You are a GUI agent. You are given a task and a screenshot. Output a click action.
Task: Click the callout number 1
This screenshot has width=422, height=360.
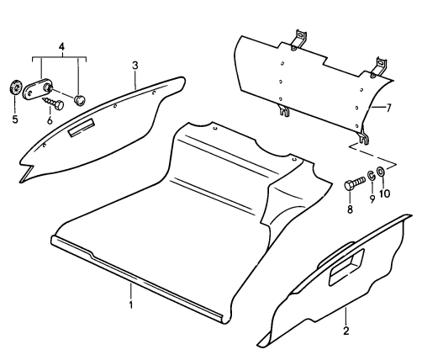[131, 304]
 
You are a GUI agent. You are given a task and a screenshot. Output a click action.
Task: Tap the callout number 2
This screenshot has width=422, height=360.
[346, 331]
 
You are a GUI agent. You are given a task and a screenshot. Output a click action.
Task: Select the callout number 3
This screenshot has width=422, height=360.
[135, 66]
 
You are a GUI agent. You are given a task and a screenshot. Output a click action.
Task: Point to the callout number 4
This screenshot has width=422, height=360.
[61, 47]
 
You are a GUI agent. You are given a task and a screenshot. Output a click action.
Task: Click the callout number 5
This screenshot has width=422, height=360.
[15, 119]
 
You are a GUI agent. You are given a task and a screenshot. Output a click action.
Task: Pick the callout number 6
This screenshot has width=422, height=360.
[50, 120]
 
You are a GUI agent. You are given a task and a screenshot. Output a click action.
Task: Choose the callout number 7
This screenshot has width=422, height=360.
[388, 108]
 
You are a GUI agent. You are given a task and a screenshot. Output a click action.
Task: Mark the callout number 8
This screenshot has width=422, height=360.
[350, 209]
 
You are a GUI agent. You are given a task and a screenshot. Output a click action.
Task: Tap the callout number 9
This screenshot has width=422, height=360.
[372, 199]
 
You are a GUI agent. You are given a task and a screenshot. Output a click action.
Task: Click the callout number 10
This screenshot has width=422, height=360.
[384, 193]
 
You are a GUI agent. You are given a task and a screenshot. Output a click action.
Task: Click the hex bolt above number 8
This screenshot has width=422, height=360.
[354, 183]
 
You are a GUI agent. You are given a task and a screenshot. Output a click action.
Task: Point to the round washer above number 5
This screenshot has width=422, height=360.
[16, 87]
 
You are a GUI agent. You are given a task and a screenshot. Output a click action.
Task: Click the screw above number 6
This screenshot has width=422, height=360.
[54, 103]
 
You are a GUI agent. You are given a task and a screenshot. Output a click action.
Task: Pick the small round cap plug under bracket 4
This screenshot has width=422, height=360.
[80, 100]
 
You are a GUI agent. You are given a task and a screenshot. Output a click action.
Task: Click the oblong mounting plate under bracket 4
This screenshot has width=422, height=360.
[37, 88]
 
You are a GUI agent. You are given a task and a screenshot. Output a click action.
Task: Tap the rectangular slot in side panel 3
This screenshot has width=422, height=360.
[81, 128]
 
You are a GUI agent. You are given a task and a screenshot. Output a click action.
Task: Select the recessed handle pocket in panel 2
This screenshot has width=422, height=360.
[346, 267]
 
